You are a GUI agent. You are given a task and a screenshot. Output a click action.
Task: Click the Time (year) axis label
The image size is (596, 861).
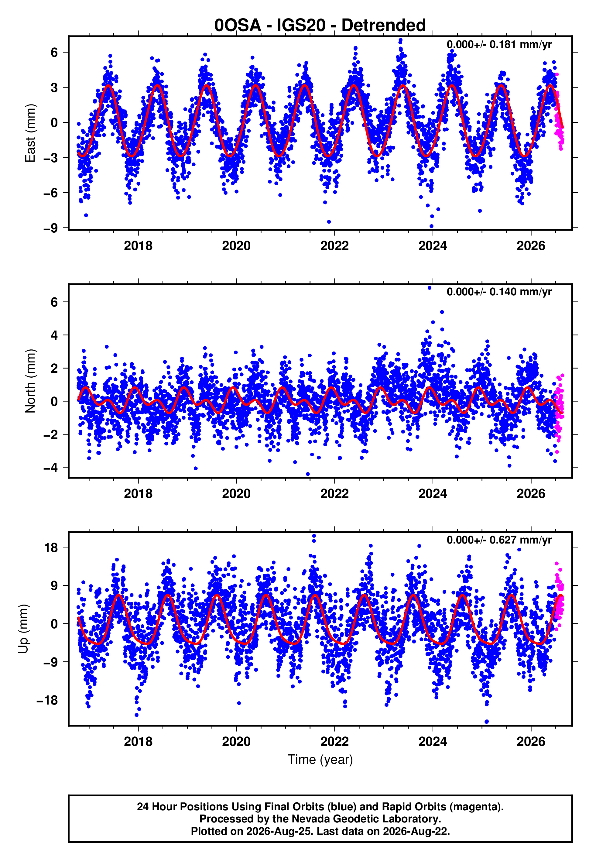tap(320, 760)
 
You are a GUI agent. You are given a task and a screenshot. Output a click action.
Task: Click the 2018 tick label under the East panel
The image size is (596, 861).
tap(138, 246)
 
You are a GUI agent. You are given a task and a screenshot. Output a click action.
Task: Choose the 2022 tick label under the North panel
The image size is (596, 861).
tap(334, 494)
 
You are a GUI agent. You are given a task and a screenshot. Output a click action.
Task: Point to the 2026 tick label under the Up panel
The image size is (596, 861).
tap(531, 742)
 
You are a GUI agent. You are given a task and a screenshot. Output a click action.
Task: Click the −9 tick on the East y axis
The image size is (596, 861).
tap(50, 228)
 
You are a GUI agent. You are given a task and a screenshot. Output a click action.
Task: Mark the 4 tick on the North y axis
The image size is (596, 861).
tap(54, 335)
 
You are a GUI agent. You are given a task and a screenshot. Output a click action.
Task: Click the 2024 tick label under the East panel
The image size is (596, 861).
tap(433, 246)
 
